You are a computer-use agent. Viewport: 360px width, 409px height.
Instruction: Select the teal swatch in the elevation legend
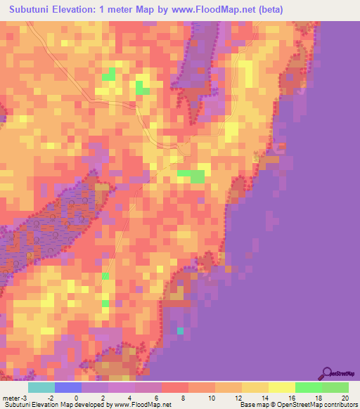[41, 387]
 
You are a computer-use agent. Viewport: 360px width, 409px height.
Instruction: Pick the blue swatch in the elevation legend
[67, 387]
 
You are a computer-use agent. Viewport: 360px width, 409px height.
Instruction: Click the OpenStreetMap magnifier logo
[326, 373]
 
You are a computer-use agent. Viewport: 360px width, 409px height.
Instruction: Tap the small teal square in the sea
[181, 330]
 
